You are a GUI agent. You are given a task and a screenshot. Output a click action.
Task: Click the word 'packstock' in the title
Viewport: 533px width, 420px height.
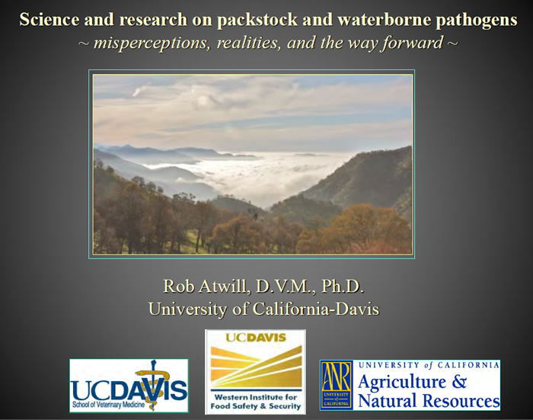coord(257,20)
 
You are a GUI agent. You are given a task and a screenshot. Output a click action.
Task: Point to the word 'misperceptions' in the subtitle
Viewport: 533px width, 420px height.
coord(150,43)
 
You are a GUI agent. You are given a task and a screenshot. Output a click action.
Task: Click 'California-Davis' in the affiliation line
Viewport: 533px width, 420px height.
coord(315,309)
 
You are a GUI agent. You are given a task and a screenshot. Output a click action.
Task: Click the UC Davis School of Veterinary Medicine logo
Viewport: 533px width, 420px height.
coord(129,386)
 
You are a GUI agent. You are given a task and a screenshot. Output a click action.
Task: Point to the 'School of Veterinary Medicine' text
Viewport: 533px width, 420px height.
coord(108,405)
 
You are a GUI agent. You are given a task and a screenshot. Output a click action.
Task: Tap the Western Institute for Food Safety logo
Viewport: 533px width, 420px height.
coord(255,372)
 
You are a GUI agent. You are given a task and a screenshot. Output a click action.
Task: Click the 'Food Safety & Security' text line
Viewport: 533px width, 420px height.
coord(256,406)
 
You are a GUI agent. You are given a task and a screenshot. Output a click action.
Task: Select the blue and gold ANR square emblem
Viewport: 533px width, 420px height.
coord(337,385)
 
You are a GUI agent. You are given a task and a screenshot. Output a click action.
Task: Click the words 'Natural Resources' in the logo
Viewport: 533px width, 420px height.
coord(429,400)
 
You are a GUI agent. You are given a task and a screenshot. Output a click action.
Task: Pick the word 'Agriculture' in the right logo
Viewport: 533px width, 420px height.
coord(402,382)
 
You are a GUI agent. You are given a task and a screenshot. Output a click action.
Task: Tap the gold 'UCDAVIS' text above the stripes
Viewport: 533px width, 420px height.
coord(256,338)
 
